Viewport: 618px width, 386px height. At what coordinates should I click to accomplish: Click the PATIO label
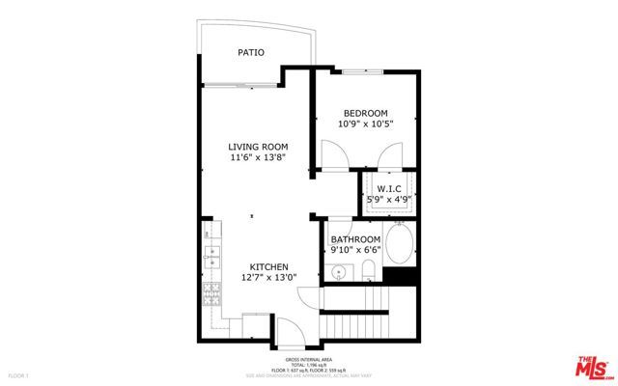[x=251, y=53]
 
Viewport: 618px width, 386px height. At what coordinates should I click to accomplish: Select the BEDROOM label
[x=366, y=112]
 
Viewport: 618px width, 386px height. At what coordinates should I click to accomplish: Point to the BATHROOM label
[x=355, y=239]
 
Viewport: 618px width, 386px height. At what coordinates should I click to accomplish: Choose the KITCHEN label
[x=268, y=267]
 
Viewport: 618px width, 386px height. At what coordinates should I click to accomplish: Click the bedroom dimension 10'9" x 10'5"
[x=366, y=124]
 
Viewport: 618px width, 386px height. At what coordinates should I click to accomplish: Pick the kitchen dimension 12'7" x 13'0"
[x=268, y=278]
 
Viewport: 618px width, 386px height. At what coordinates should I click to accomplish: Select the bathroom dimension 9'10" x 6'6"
[x=355, y=250]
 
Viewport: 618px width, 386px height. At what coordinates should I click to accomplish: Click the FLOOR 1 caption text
[x=18, y=374]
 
